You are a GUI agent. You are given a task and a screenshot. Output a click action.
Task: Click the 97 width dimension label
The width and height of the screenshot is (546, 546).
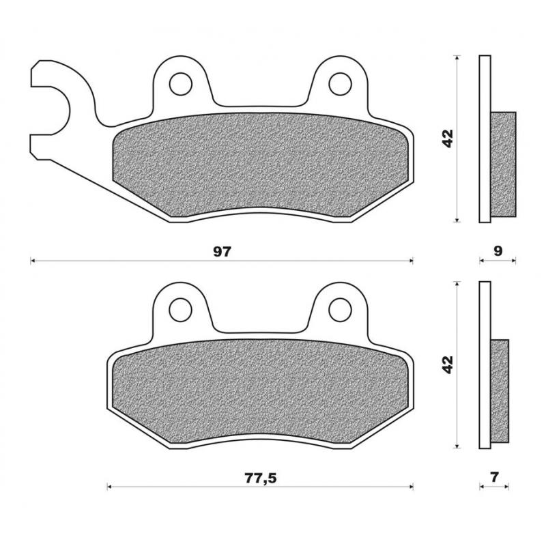(222, 250)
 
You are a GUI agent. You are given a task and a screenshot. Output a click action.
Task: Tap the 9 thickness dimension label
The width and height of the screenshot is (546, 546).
(498, 250)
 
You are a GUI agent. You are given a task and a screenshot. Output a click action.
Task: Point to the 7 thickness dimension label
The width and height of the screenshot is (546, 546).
(495, 478)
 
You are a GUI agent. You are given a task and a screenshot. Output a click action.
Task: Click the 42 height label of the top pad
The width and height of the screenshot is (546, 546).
(447, 139)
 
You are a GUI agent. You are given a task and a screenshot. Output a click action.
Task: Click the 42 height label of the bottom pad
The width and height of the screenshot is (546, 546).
(447, 365)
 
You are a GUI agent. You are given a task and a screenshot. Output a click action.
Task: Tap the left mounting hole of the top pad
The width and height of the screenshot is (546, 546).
(181, 83)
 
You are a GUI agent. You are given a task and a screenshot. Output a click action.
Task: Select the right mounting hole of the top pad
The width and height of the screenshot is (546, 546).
(339, 83)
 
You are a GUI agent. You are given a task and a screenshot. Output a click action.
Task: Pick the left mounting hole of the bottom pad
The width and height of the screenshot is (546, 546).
(181, 309)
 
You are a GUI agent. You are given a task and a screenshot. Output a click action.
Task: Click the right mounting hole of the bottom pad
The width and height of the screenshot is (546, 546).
(339, 309)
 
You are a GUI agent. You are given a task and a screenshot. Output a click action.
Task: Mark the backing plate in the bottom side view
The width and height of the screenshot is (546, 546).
(485, 365)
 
